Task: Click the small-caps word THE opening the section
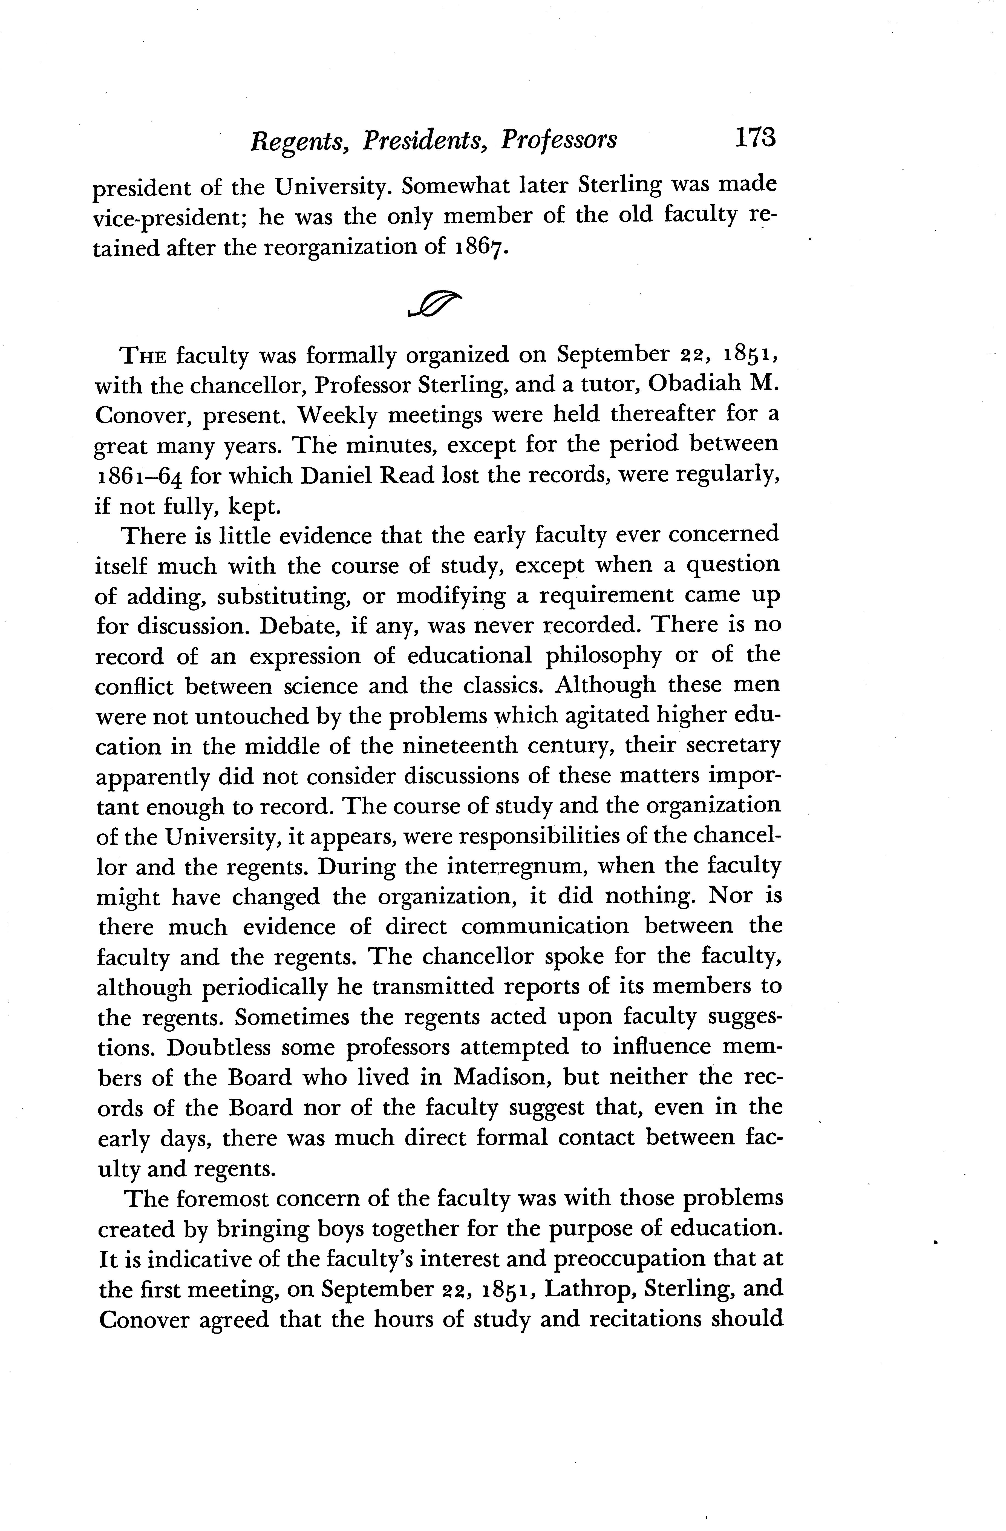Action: pyautogui.click(x=144, y=355)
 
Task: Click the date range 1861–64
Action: pyautogui.click(x=137, y=476)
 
